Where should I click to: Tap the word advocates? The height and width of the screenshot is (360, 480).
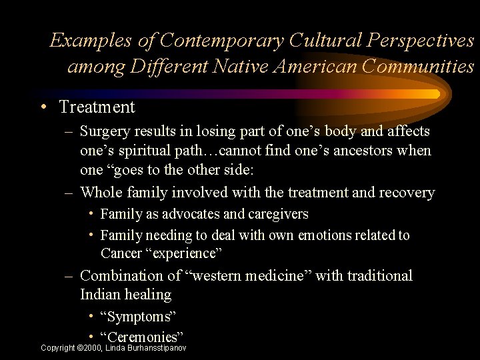pyautogui.click(x=193, y=214)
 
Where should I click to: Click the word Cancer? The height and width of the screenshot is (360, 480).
pyautogui.click(x=121, y=253)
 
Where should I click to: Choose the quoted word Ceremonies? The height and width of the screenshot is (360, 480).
pyautogui.click(x=141, y=337)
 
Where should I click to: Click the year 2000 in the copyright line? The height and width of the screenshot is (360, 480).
pyautogui.click(x=92, y=348)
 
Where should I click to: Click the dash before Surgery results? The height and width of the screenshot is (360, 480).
pyautogui.click(x=69, y=132)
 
